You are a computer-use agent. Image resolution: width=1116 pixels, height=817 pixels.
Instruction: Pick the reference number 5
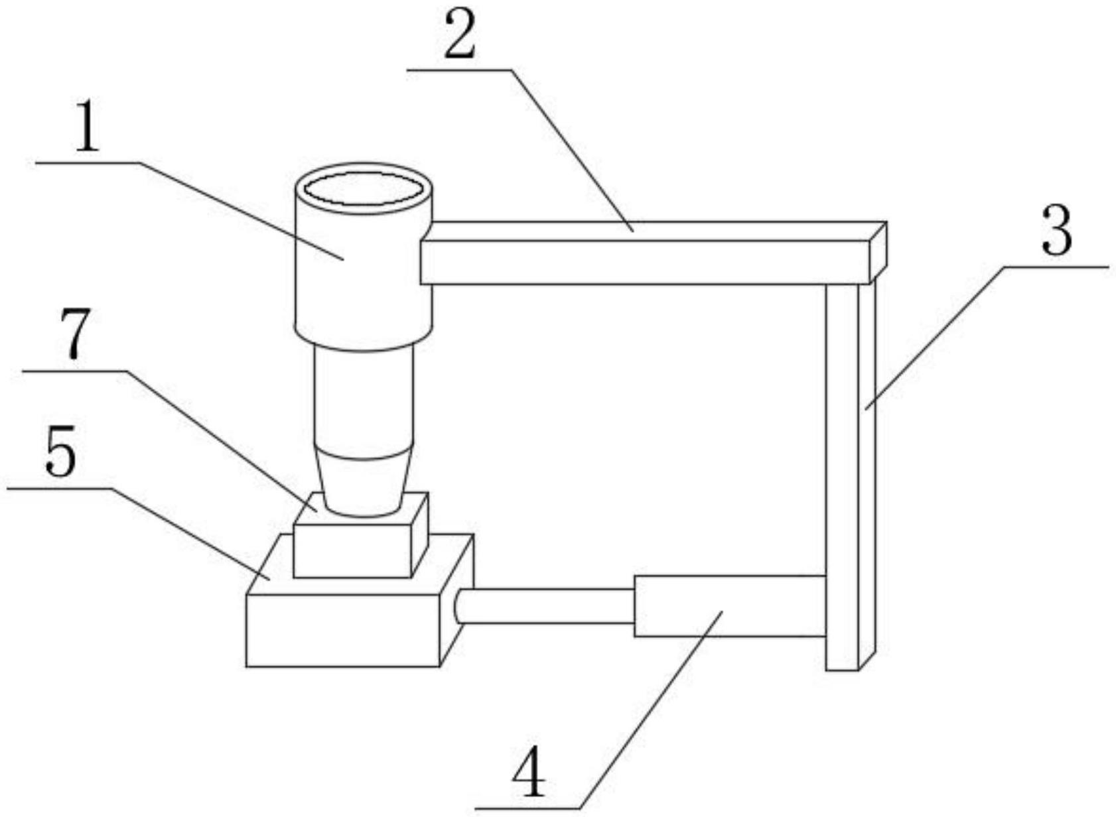(x=61, y=451)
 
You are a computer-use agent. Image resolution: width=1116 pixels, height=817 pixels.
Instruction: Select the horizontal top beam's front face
(x=645, y=263)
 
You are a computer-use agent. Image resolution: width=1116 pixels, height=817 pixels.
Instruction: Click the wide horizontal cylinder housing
(x=730, y=606)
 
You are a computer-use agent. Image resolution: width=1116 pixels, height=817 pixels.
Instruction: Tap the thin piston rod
(x=544, y=606)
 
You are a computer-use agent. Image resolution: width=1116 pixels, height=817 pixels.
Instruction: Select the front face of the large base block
(x=343, y=630)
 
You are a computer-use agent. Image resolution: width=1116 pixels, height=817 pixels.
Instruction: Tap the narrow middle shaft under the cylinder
(x=364, y=399)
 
